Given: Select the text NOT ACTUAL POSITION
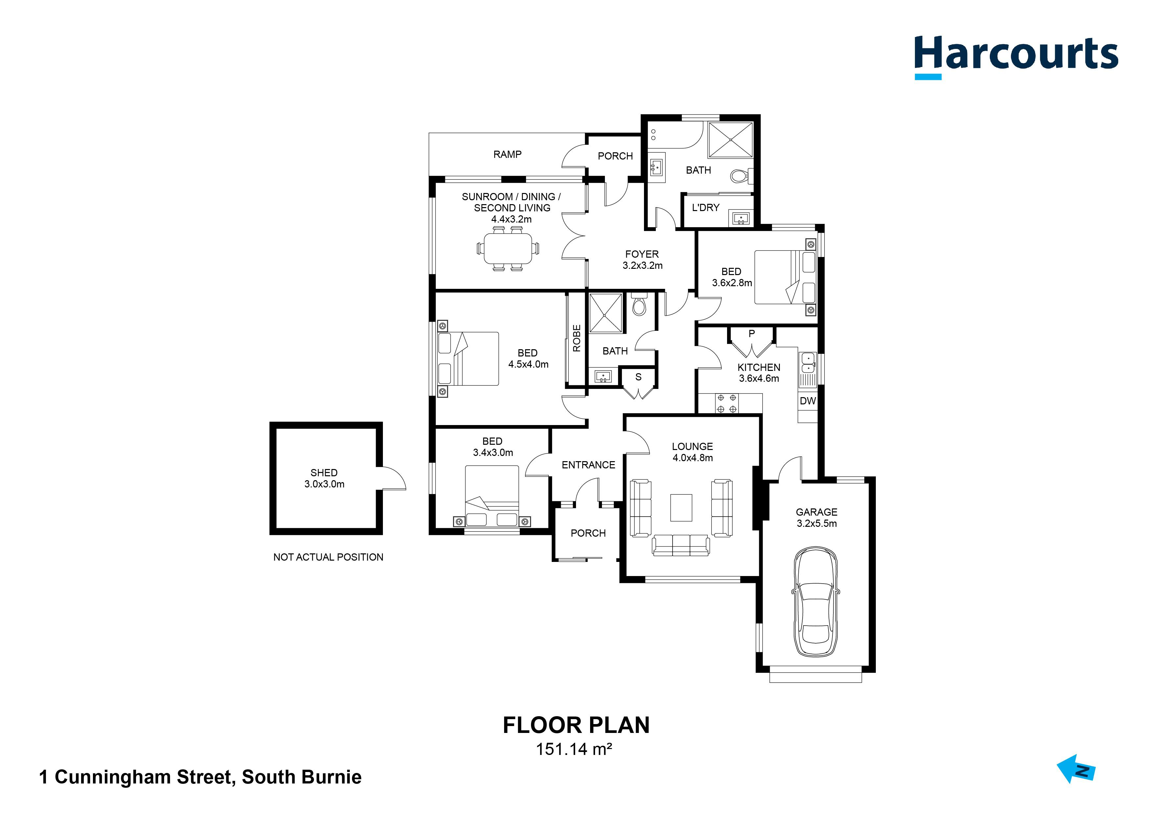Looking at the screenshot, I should click(328, 557).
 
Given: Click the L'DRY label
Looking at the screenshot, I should click(705, 208).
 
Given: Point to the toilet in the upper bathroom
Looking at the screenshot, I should click(740, 176).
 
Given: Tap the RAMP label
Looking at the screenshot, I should click(507, 155).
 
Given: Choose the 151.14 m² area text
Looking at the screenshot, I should click(574, 749).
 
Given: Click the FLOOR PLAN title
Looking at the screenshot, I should click(576, 725).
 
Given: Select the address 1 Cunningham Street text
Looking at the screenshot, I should click(200, 777).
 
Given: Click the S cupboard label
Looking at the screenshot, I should click(638, 377).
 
